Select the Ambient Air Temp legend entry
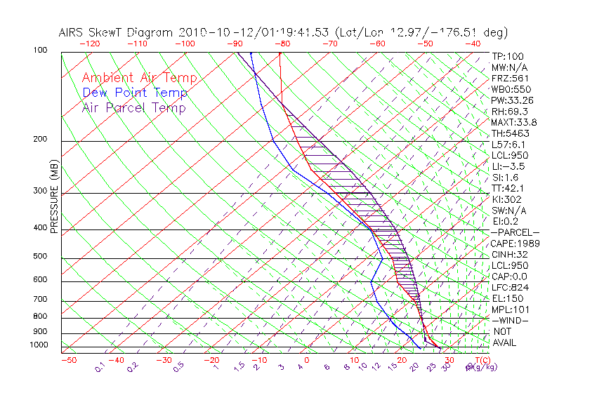coord(139,78)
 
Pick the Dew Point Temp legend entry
coord(135,93)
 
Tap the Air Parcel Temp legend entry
coord(133,107)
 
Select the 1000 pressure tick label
coord(39,345)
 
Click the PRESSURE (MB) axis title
coord(54,197)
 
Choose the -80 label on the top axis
coord(282,44)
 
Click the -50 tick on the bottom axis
coord(68,360)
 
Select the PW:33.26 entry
coord(512,100)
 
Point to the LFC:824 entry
coord(509,287)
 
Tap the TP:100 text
coord(507,56)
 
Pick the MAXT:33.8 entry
coord(515,122)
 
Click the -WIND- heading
coord(511,320)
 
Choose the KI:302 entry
coord(507,199)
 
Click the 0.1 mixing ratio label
coord(100,366)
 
